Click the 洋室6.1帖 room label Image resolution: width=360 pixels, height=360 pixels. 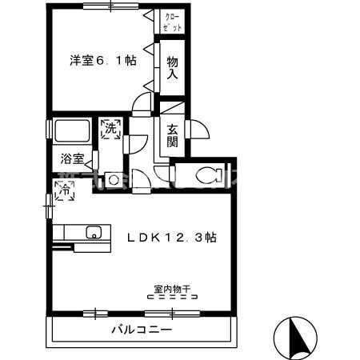102,59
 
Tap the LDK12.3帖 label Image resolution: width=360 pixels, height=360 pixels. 173,237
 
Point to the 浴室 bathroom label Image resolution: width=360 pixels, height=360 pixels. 72,158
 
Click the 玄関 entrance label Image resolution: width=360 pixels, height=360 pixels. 172,135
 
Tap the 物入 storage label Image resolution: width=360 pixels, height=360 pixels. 172,66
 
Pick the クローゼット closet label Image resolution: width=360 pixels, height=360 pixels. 173,22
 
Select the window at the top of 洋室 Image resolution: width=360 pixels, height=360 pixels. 104,6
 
